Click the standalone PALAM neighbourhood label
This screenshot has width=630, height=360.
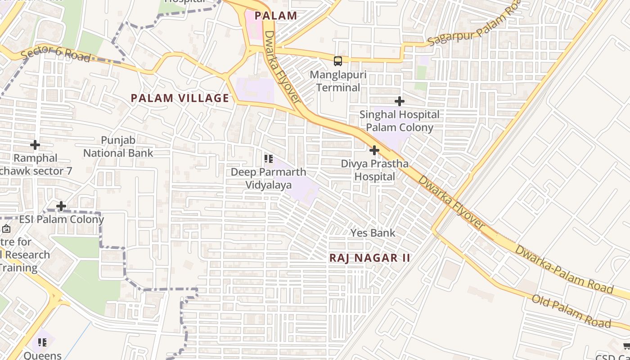276,16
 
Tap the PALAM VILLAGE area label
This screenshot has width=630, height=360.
180,98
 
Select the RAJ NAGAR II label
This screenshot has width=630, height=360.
370,258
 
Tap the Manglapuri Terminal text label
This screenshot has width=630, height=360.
338,81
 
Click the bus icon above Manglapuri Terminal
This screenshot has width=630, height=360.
337,61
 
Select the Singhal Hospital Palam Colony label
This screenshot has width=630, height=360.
399,121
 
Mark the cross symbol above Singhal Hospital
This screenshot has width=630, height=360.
399,102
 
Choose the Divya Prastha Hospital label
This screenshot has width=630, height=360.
374,170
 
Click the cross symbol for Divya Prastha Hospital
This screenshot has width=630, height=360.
374,150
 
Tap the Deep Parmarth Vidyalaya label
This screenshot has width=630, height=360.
268,178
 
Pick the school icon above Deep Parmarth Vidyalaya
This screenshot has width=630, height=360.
269,159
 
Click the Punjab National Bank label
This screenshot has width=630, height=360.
118,147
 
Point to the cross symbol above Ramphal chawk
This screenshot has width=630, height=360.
35,145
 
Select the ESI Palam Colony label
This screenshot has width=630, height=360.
61,220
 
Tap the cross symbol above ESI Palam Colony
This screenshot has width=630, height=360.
61,206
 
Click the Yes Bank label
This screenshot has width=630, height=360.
373,233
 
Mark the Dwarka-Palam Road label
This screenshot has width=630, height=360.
564,269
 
